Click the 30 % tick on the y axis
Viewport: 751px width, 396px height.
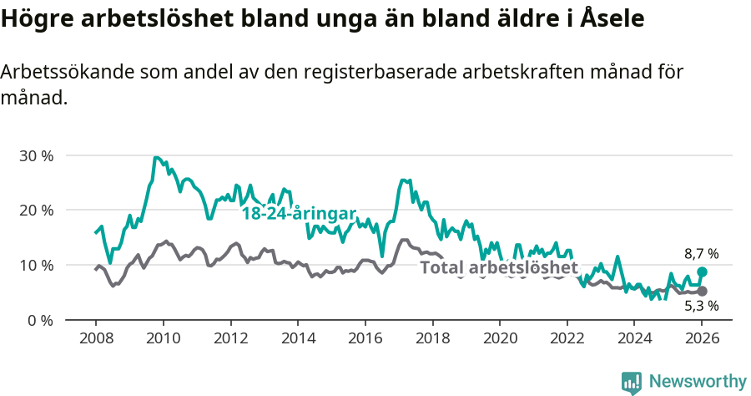35,155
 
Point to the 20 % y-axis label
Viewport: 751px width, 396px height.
35,210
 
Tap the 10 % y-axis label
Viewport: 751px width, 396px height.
35,265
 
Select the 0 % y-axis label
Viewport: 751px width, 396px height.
39,320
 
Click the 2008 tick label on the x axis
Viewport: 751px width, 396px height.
95,338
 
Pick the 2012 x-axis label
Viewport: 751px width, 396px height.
230,338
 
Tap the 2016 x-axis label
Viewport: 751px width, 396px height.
365,338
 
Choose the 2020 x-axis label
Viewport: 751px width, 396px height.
500,338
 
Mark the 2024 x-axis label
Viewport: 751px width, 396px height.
635,338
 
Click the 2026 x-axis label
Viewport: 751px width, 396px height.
702,338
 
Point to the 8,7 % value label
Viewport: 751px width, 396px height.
701,253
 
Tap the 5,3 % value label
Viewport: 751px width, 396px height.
701,306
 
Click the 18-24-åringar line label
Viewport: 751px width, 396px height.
299,213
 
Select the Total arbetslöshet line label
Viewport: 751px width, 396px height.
499,267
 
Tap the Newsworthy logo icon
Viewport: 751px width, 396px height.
632,382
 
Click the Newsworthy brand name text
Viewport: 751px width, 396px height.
697,382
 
